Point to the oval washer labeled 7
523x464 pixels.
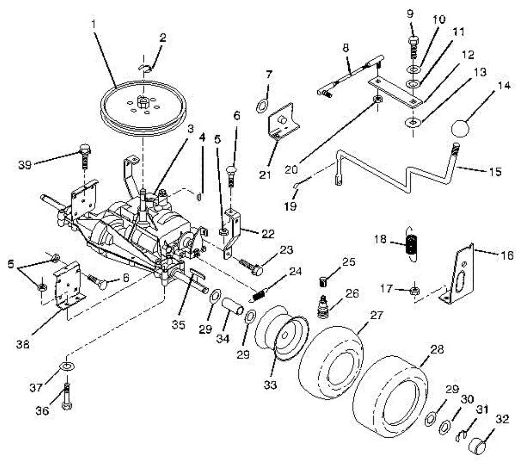tap(261, 105)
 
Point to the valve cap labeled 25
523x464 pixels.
tap(323, 283)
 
